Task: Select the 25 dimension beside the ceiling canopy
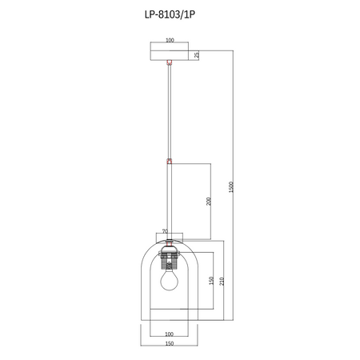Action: coord(197,55)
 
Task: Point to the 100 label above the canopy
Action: coord(170,40)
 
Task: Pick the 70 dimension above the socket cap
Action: coord(165,232)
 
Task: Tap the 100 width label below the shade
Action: coord(170,334)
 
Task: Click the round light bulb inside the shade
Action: coord(169,281)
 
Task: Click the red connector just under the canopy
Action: coord(169,62)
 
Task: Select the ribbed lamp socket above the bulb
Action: coord(169,260)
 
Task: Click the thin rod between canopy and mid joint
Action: coord(169,112)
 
